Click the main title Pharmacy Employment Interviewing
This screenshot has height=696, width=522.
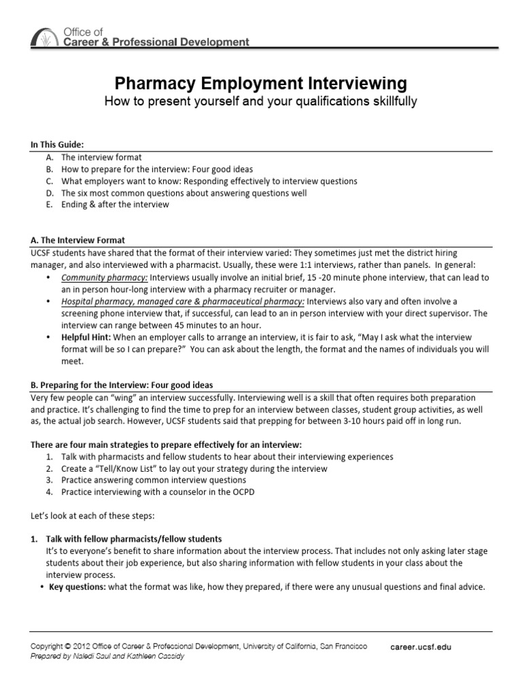[260, 84]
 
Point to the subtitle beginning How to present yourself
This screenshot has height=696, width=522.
[260, 101]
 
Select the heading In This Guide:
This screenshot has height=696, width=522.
[58, 145]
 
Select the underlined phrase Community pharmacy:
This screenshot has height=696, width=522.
[104, 278]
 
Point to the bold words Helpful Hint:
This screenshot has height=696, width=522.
[86, 338]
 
